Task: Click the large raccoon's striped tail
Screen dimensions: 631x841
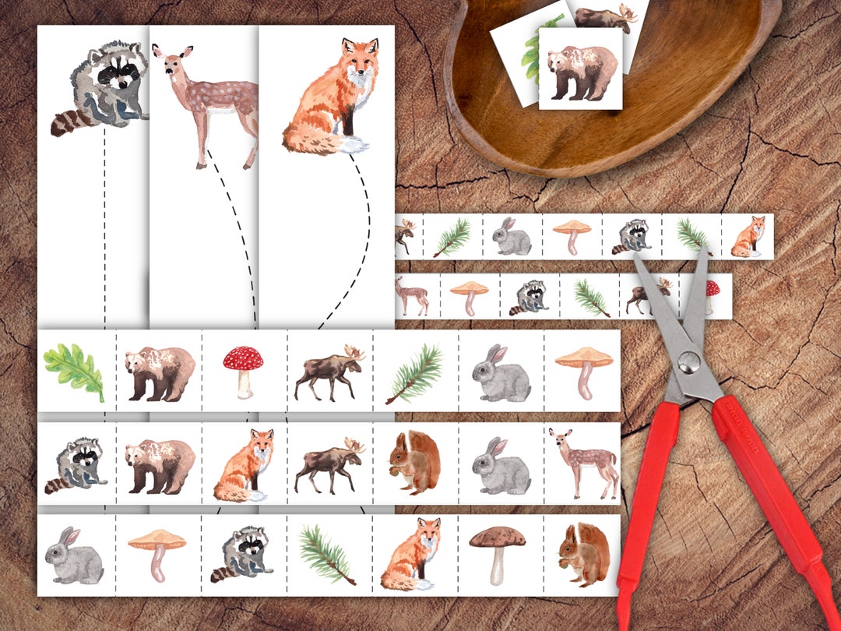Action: pyautogui.click(x=70, y=124)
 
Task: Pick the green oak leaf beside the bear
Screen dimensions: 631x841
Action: pyautogui.click(x=74, y=372)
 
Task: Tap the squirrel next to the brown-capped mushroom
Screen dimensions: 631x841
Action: pyautogui.click(x=582, y=554)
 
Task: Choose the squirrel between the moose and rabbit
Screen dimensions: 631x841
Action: pyautogui.click(x=413, y=463)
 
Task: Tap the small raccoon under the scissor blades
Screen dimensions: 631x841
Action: pyautogui.click(x=632, y=236)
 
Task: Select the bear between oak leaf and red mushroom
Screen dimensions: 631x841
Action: pyautogui.click(x=159, y=372)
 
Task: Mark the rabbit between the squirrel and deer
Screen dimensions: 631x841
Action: pyautogui.click(x=500, y=466)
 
